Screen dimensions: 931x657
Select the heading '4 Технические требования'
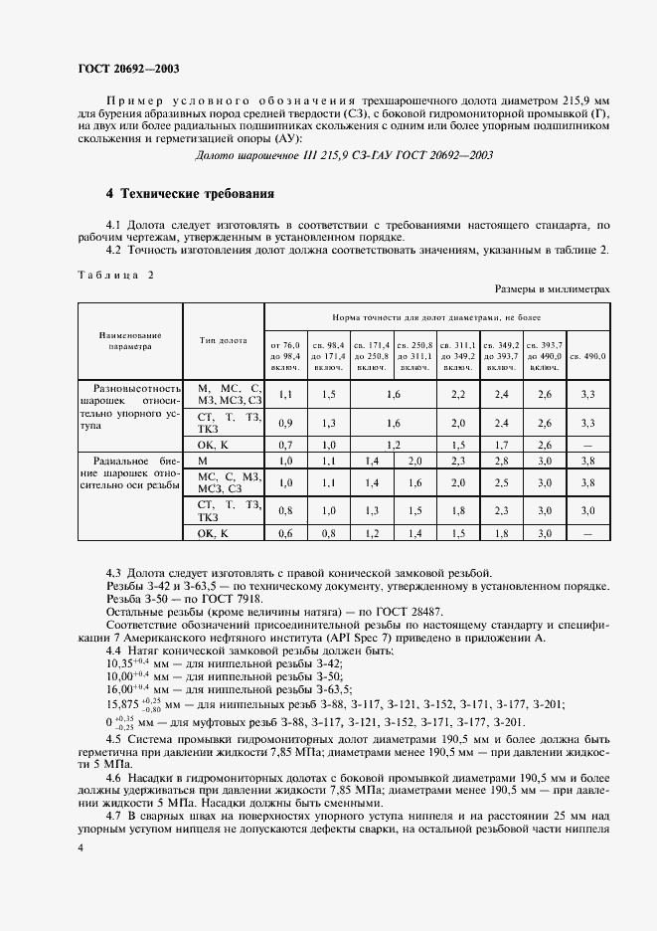pos(190,193)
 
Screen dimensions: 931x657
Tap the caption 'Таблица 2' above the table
pos(111,275)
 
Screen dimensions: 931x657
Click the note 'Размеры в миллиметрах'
pos(552,287)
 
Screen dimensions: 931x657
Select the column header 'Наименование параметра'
pos(129,342)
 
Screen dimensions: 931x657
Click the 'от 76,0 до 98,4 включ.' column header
pos(285,355)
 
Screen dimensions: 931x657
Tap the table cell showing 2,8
pos(501,462)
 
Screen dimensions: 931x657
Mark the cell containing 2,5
pos(501,482)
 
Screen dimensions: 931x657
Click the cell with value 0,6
pos(285,534)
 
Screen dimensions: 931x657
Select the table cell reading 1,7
pos(501,444)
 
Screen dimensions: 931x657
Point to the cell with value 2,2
pos(458,395)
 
